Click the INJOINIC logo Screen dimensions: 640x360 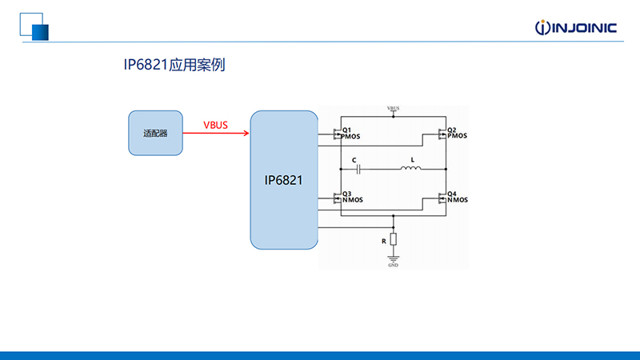(575, 27)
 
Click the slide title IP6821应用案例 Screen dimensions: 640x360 (174, 65)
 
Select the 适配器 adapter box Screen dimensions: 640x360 (155, 133)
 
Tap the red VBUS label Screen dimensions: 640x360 (215, 126)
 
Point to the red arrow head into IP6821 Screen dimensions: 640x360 (246, 133)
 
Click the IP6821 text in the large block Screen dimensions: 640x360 (283, 181)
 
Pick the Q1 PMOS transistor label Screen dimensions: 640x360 (351, 134)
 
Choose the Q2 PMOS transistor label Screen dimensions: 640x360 (457, 133)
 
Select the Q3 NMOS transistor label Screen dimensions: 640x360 (353, 197)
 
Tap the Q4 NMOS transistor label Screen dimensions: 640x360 (458, 197)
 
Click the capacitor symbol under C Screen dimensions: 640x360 (358, 169)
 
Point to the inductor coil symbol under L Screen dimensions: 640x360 (410, 168)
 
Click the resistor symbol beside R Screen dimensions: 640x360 (393, 239)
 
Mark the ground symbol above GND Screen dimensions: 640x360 (393, 258)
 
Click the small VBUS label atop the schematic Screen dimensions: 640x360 (393, 109)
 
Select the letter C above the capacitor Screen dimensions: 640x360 (354, 161)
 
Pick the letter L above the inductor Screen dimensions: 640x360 (412, 160)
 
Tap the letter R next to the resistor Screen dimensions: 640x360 (384, 242)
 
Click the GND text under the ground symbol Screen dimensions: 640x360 (393, 266)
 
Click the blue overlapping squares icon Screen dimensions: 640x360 (34, 27)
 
